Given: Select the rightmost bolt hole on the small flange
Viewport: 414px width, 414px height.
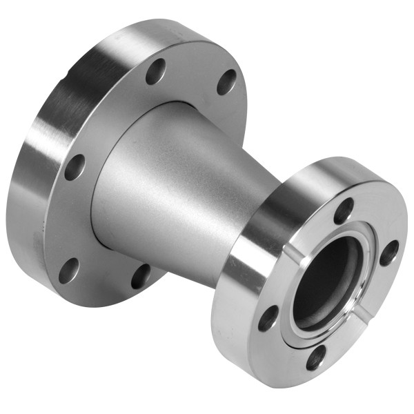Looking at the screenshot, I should click(x=389, y=252).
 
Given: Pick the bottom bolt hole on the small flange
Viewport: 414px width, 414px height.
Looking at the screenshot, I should click(x=316, y=357).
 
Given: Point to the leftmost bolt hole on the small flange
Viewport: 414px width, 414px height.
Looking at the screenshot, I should click(x=268, y=317).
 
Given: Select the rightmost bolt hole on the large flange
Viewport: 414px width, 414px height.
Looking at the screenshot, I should click(x=226, y=81).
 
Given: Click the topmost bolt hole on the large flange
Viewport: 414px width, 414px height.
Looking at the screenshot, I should click(x=156, y=71).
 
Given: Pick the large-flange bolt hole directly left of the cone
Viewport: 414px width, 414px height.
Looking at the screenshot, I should click(x=75, y=167).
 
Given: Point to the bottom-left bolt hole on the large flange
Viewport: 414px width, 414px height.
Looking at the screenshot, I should click(x=68, y=270).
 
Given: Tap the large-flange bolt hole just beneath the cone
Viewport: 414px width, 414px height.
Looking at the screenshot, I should click(x=141, y=275).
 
